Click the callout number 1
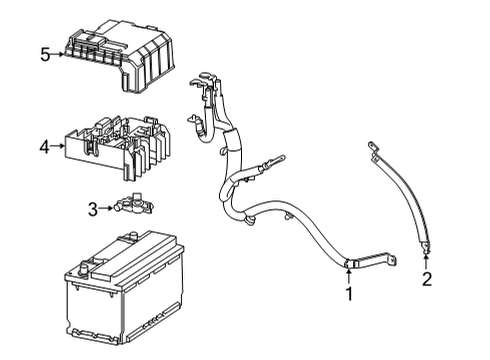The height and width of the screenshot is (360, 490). click(349, 294)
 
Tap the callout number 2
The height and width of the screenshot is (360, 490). click(426, 279)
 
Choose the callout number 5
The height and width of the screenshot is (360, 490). click(45, 54)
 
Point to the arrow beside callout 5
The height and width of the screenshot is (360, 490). click(59, 54)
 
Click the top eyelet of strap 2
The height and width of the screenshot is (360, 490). click(373, 150)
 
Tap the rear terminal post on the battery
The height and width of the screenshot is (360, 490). click(127, 240)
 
